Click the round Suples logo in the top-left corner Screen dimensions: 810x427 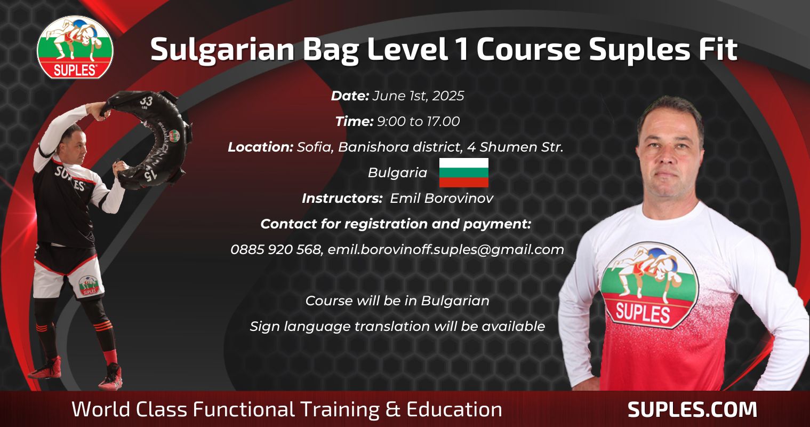[x=75, y=47]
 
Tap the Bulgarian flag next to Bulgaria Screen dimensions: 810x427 [x=463, y=172]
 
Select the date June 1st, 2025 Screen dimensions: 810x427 [x=418, y=96]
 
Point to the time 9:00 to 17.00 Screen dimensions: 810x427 [x=419, y=122]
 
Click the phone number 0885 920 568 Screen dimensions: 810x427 [x=276, y=249]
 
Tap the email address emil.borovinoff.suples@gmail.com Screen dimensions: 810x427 [x=445, y=250]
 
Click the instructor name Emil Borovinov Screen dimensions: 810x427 [x=442, y=199]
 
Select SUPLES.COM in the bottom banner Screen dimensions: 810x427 [x=692, y=409]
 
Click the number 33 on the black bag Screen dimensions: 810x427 [x=146, y=101]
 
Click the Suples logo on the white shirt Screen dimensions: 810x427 [x=649, y=285]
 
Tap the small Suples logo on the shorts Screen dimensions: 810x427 [x=89, y=286]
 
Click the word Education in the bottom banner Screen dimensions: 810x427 [x=454, y=409]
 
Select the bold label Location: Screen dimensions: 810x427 [x=260, y=147]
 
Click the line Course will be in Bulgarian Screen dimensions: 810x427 [x=397, y=301]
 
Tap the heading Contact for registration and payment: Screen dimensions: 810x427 [x=396, y=224]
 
